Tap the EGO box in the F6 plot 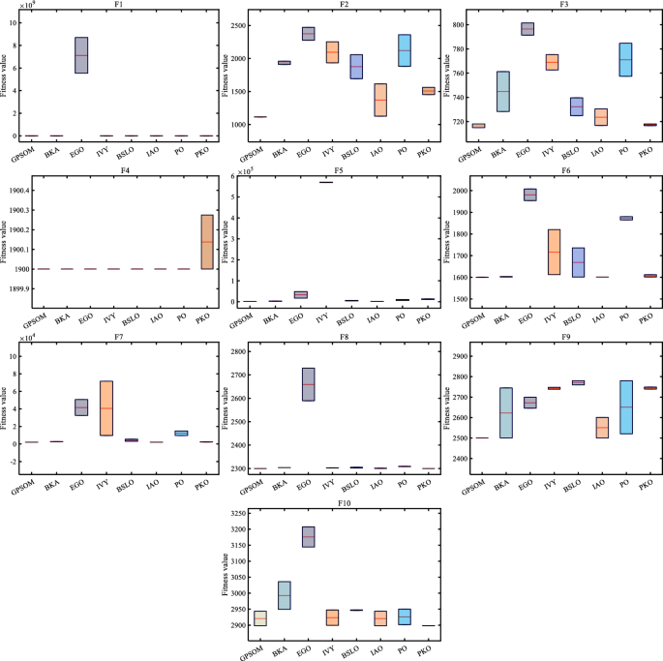point(528,195)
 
